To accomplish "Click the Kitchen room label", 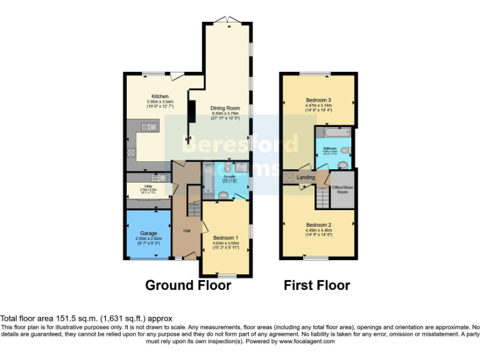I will (142, 96).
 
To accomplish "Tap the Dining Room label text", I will (226, 108).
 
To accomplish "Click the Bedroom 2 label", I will (318, 225).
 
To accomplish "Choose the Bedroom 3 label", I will (318, 101).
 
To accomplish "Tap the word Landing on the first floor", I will (306, 177).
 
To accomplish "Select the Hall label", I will (186, 231).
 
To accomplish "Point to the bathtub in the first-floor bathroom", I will (334, 132).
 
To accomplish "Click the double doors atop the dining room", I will (227, 21).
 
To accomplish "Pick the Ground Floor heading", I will (188, 285).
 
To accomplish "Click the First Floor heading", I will (317, 285).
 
